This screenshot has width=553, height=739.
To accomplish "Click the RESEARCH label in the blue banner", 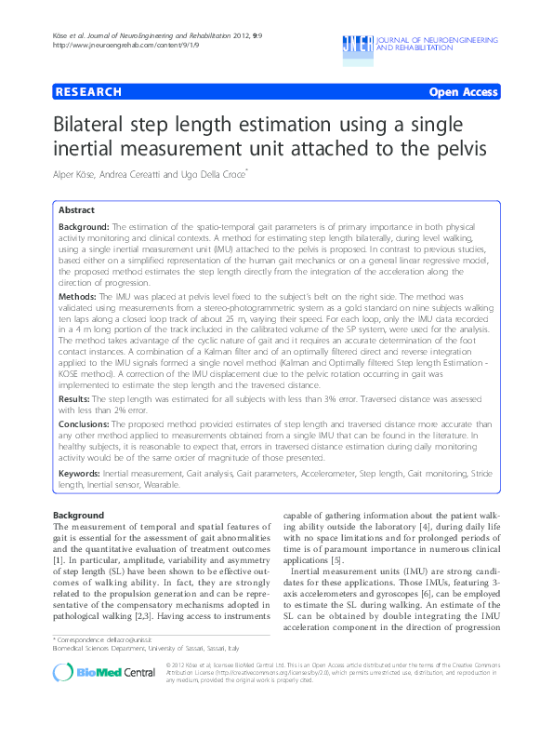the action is coord(89,92).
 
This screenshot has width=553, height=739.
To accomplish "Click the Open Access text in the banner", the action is coord(463,92).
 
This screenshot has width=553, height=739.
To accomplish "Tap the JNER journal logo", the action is coord(357,43).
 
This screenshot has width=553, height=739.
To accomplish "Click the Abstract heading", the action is coord(76,211).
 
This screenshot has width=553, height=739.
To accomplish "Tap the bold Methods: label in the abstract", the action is coord(78,293).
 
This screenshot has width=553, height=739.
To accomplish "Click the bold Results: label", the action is coord(77,397).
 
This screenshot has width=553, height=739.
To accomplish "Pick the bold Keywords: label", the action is coord(80,474).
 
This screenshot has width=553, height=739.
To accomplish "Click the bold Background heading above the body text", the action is coord(78,515).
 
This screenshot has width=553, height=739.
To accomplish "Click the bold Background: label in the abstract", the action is coord(84,228).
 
